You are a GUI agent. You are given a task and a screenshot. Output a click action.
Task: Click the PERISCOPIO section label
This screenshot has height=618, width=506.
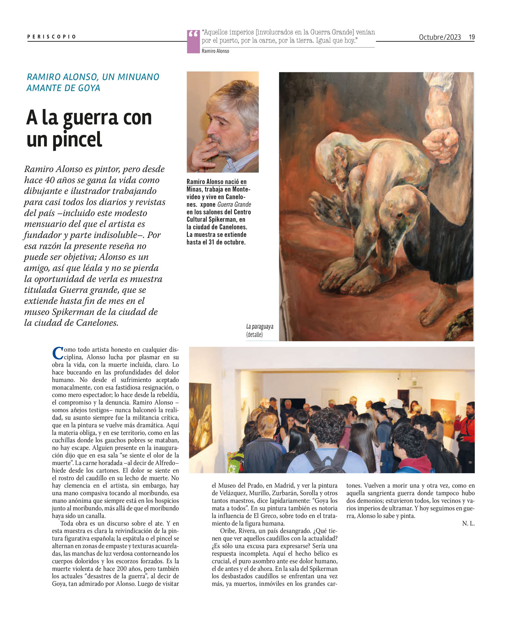[x=51, y=37]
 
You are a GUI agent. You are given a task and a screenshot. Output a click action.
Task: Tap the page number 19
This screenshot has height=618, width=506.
[x=472, y=37]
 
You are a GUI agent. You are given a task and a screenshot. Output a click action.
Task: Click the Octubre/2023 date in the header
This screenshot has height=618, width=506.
[x=440, y=37]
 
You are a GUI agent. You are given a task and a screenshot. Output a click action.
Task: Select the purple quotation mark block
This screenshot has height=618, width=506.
[x=193, y=41]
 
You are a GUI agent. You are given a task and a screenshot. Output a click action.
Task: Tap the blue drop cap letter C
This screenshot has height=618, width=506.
[x=57, y=353]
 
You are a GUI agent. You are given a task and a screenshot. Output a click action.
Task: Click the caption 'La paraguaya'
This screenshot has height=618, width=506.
[x=259, y=327]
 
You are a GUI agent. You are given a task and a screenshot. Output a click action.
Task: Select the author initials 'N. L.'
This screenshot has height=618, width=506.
[x=468, y=524]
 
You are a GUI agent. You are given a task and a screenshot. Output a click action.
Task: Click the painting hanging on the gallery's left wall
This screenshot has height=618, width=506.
[x=200, y=414]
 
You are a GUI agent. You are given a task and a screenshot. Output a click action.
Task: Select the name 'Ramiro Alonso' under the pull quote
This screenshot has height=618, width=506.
[x=215, y=51]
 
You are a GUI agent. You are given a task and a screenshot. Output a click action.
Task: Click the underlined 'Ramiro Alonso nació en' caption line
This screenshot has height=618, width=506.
[x=216, y=182]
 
